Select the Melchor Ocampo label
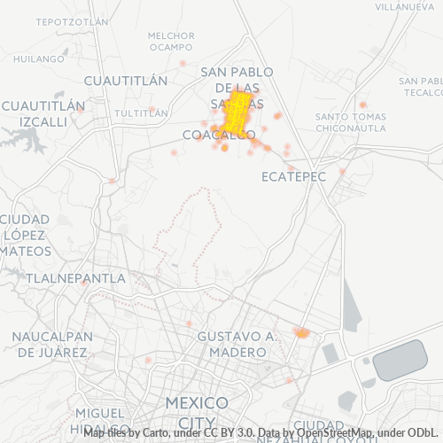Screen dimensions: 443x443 (171, 41)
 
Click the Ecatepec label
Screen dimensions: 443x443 (294, 177)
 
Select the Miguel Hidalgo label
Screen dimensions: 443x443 (99, 420)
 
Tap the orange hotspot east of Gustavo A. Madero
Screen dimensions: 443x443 (302, 333)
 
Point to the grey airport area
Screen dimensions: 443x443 (400, 361)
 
